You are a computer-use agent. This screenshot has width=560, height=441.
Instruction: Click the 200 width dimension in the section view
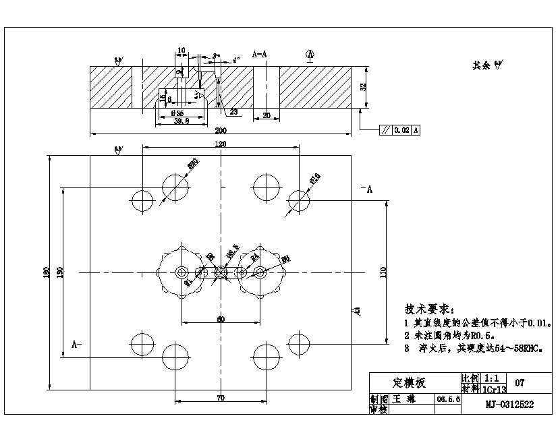(x=221, y=129)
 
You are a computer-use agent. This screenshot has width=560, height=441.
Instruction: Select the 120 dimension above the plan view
(x=221, y=144)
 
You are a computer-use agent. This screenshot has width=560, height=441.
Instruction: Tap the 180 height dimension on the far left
(x=47, y=272)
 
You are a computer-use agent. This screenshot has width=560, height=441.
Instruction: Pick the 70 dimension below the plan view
(x=221, y=398)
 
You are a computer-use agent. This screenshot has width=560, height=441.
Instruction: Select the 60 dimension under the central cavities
(x=221, y=319)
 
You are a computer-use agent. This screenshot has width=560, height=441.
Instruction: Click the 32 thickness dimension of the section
(x=362, y=86)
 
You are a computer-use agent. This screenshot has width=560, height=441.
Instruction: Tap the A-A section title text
(x=259, y=53)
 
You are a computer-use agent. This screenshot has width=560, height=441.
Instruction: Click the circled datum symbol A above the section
(x=310, y=53)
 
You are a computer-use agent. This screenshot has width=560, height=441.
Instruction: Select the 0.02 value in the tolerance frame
(x=401, y=129)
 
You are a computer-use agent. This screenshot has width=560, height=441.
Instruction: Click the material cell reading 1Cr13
(x=495, y=390)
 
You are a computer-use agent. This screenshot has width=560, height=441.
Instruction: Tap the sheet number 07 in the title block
(x=520, y=383)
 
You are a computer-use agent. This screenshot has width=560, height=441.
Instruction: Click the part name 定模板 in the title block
(x=409, y=383)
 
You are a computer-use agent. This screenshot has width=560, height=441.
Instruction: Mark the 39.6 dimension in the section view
(x=181, y=121)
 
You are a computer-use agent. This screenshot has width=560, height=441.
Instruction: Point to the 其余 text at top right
(x=482, y=65)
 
